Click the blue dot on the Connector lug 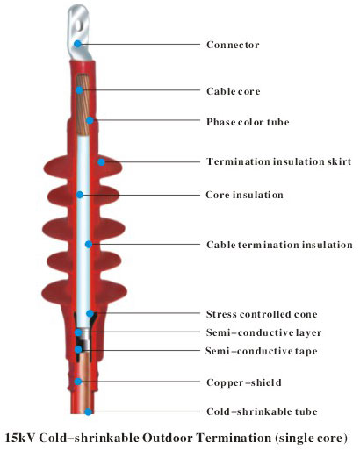77,44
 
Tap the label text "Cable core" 234,91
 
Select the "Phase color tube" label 248,122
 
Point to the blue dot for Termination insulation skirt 101,162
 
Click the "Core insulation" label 244,195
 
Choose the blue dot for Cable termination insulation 89,245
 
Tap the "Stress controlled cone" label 262,314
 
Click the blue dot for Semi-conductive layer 78,332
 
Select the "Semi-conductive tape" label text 261,351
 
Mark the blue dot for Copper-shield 78,382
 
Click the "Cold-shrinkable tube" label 262,411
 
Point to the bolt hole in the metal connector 79,25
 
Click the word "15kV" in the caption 20,438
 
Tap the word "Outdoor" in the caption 168,438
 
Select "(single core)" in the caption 311,438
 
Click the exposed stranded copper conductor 83,105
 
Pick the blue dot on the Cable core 79,90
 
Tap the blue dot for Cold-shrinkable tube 88,411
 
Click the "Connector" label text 233,45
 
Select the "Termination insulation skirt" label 278,161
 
